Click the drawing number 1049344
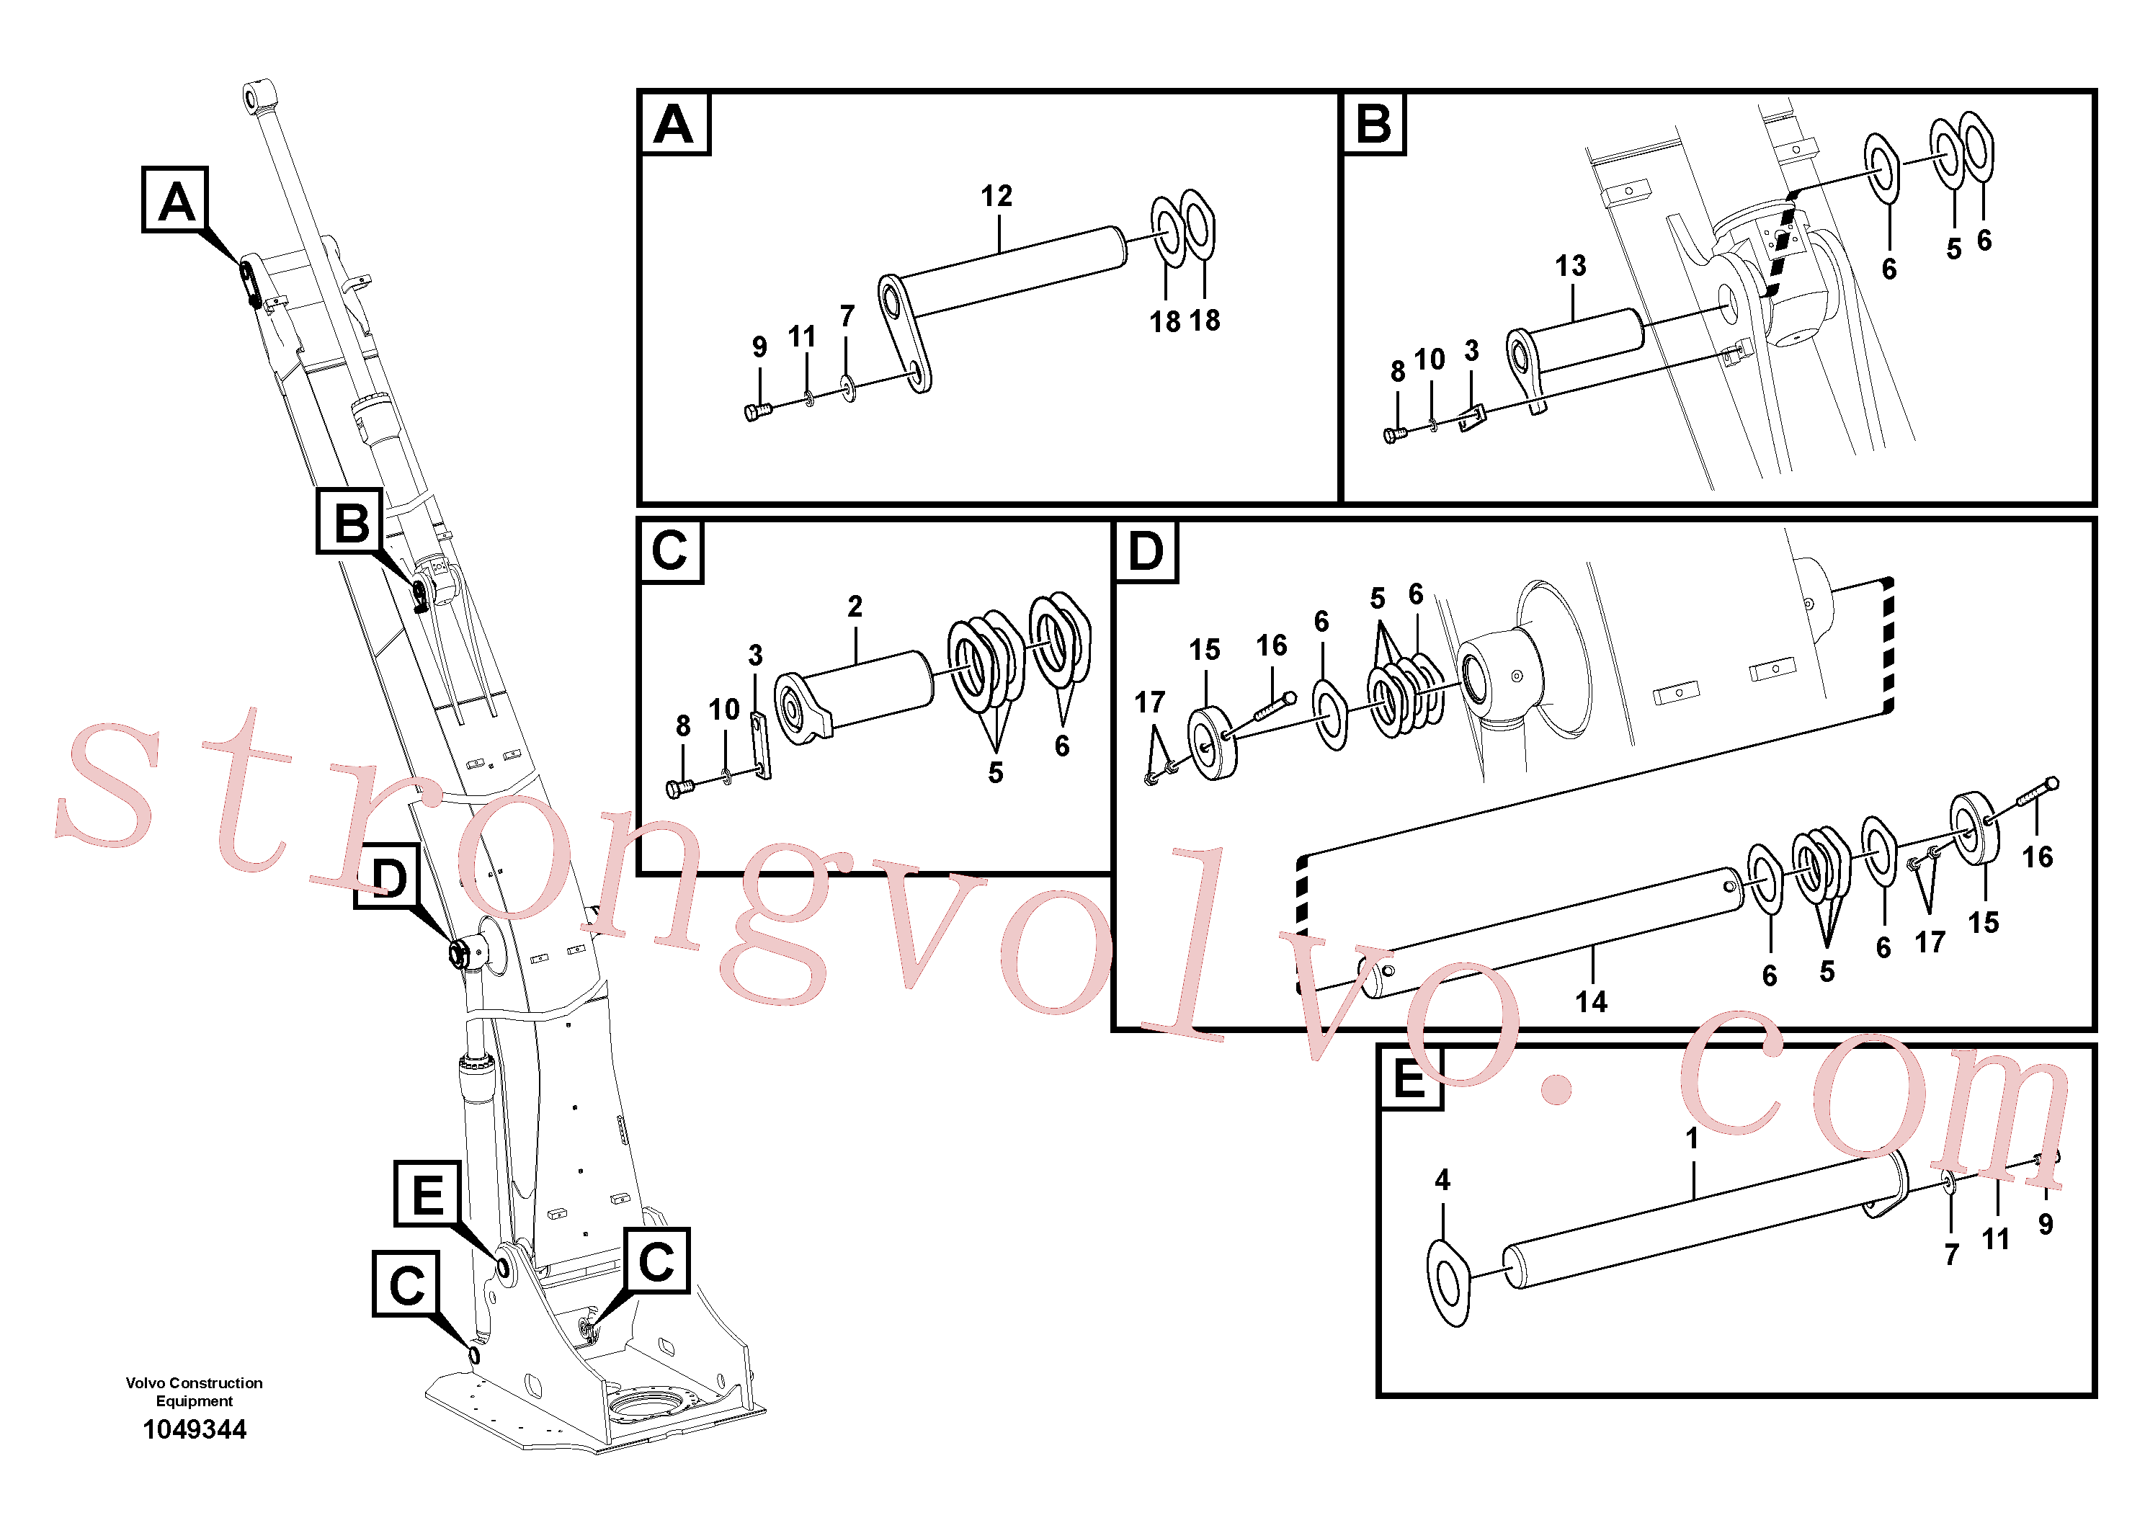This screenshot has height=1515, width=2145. [195, 1429]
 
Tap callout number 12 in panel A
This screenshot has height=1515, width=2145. [996, 196]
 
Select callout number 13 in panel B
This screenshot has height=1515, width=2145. [1571, 267]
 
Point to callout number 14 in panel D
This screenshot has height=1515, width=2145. [1591, 1002]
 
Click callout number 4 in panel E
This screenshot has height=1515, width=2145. [1442, 1180]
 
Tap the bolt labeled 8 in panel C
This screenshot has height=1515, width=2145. [679, 788]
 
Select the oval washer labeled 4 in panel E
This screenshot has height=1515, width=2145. [1449, 1283]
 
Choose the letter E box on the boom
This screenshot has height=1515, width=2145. [427, 1194]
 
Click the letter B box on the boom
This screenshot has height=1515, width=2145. [350, 521]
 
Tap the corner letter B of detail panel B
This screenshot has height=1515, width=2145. [1373, 123]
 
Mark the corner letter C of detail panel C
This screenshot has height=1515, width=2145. [670, 551]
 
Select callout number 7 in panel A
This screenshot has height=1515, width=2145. [847, 317]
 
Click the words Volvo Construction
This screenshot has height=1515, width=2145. [195, 1382]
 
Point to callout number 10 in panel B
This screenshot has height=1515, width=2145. [1430, 359]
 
